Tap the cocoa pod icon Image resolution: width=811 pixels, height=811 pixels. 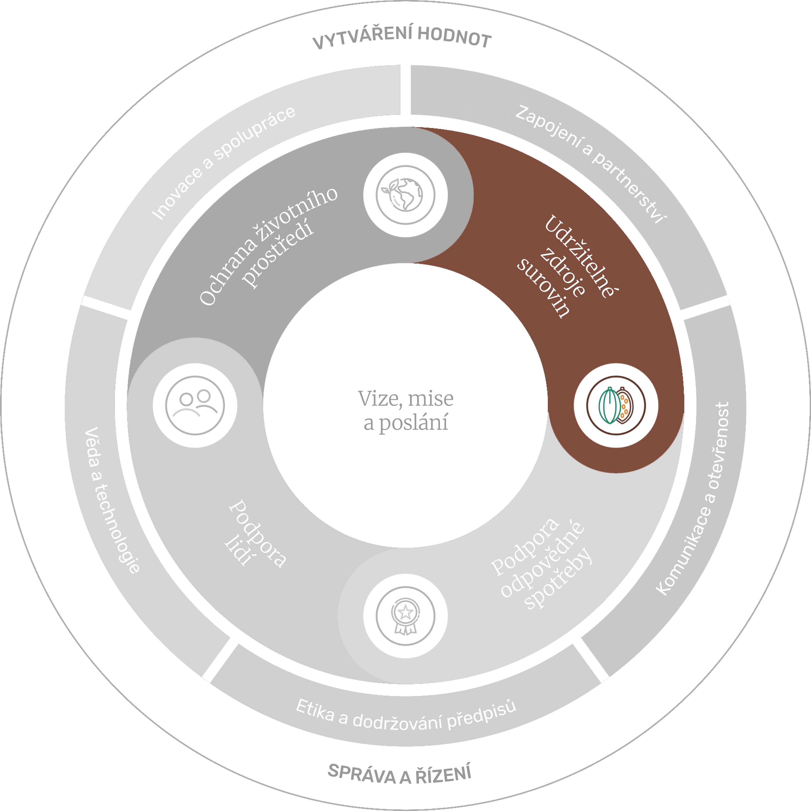(x=616, y=405)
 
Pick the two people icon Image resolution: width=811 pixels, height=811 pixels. (x=195, y=405)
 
